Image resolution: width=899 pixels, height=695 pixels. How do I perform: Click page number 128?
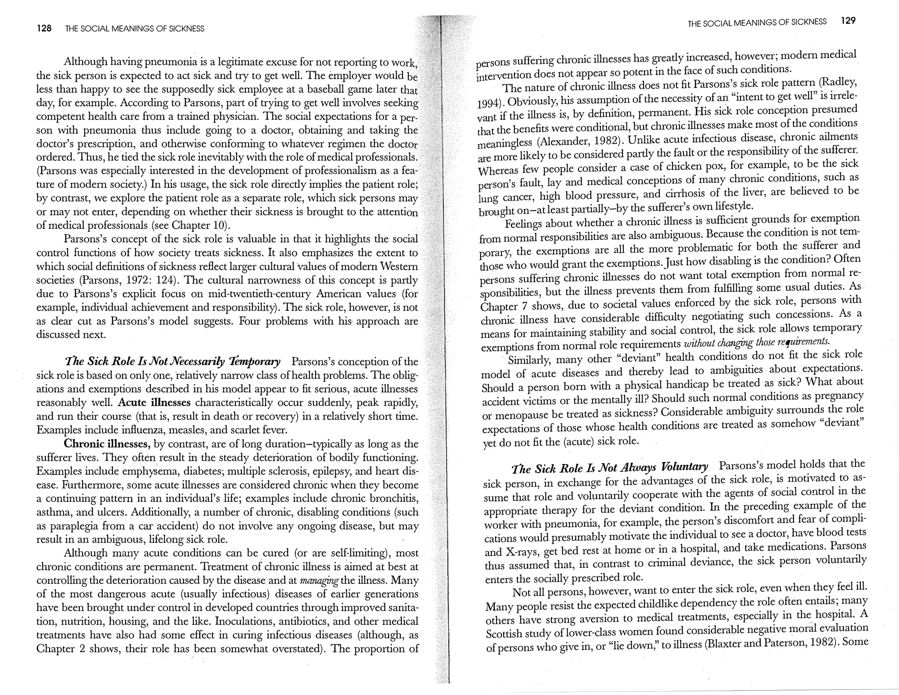click(x=44, y=29)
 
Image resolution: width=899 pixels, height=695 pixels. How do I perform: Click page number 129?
click(x=848, y=21)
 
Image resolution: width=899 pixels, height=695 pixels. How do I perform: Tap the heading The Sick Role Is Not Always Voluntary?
click(x=610, y=467)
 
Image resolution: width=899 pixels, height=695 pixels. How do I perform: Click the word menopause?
click(x=520, y=414)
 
